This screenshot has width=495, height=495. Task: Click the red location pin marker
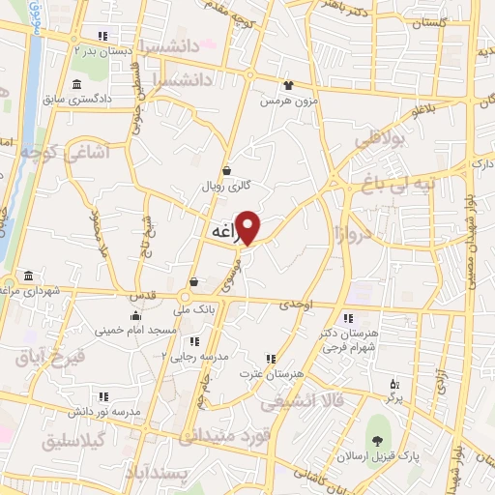[x=248, y=227]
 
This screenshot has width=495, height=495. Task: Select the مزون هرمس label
[x=287, y=100]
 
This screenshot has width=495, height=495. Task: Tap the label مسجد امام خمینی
[x=136, y=331]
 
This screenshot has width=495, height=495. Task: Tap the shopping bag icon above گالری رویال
[x=226, y=169]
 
